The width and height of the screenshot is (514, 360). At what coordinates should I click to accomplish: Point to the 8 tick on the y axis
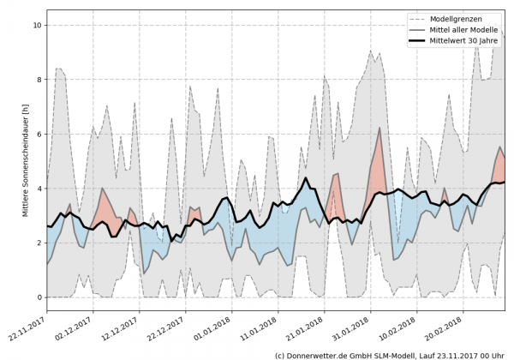38,80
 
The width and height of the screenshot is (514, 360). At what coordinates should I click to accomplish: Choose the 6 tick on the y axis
38,134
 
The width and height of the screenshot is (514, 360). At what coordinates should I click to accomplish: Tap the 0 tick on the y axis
38,297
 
